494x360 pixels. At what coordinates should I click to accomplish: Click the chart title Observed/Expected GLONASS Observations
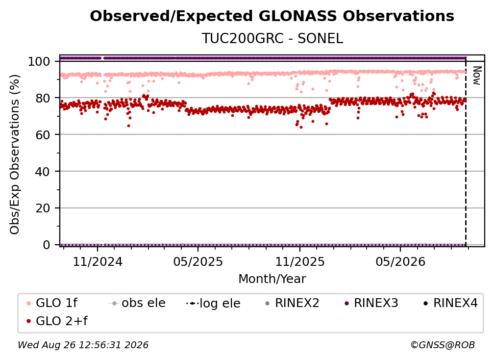click(272, 16)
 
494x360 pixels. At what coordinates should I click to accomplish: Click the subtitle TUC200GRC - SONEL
click(272, 38)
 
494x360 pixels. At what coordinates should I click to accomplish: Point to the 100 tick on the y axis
click(39, 61)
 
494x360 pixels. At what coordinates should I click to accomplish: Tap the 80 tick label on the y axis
click(43, 98)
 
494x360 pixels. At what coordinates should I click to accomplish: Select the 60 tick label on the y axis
click(43, 135)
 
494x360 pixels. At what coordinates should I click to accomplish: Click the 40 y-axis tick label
click(43, 172)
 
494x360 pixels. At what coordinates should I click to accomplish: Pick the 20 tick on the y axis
click(43, 208)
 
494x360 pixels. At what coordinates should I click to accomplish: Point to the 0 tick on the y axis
click(46, 245)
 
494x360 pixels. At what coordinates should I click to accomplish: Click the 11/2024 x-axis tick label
click(98, 261)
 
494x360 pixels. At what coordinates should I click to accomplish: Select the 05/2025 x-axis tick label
click(198, 261)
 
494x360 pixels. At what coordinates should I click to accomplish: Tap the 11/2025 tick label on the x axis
click(300, 261)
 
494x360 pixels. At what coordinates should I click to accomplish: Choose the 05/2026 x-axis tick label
click(400, 261)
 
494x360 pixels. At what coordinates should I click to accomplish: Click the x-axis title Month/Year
click(272, 279)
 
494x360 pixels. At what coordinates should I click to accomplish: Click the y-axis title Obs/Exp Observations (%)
click(15, 154)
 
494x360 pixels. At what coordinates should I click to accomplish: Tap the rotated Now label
click(477, 76)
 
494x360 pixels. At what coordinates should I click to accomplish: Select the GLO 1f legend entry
click(52, 303)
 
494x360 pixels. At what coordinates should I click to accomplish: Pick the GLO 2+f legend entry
click(57, 321)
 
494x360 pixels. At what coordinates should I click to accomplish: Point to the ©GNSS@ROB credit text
click(443, 345)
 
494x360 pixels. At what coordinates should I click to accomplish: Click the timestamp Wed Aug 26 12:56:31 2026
click(83, 345)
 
